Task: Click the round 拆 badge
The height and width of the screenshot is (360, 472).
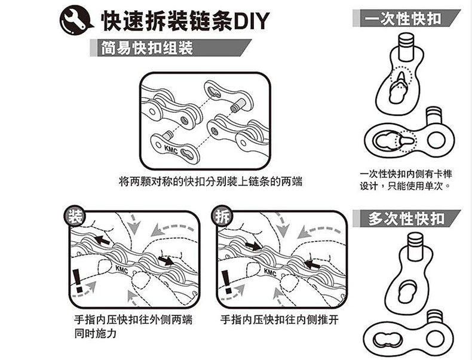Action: [220, 216]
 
